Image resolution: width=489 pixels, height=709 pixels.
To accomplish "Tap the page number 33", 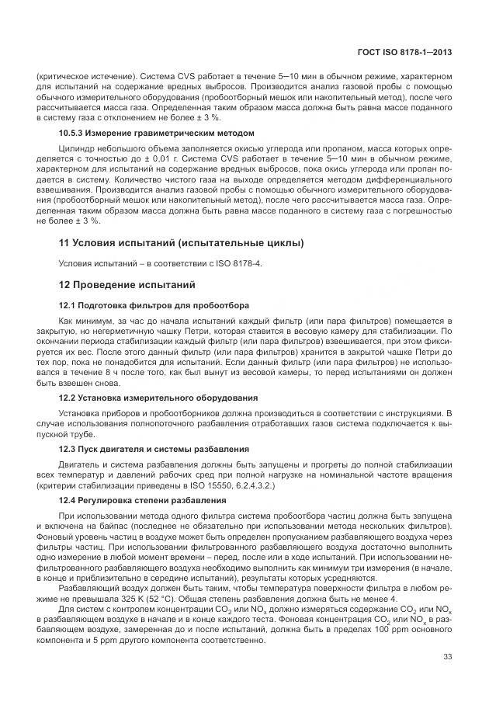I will click(x=447, y=658).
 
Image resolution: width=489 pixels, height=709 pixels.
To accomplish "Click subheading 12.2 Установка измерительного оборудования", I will click(x=158, y=397).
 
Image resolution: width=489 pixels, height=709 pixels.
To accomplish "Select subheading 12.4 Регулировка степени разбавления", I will click(x=142, y=501).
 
